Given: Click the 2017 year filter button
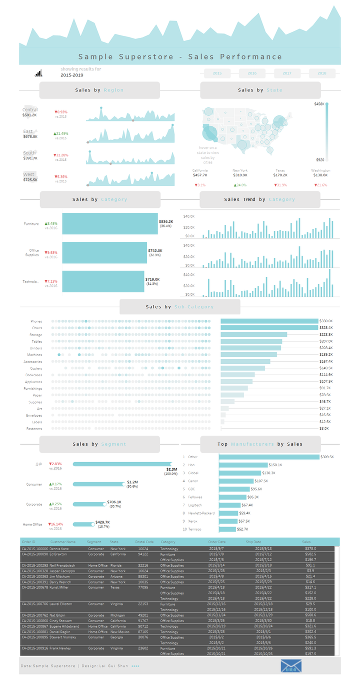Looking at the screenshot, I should coord(287,73).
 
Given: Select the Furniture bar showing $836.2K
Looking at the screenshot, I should coord(110,223).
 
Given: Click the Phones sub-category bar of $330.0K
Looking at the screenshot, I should coord(269,321).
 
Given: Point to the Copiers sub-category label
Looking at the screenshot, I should coord(36,368).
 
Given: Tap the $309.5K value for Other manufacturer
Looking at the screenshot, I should coord(327,457).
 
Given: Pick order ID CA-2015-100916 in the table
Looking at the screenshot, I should coord(34,648).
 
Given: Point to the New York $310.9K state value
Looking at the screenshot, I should coord(240,175).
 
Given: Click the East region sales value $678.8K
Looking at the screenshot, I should coord(30,136).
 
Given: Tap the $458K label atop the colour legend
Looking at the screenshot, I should coord(319,104).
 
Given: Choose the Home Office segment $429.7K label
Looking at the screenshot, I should coord(102,522).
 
